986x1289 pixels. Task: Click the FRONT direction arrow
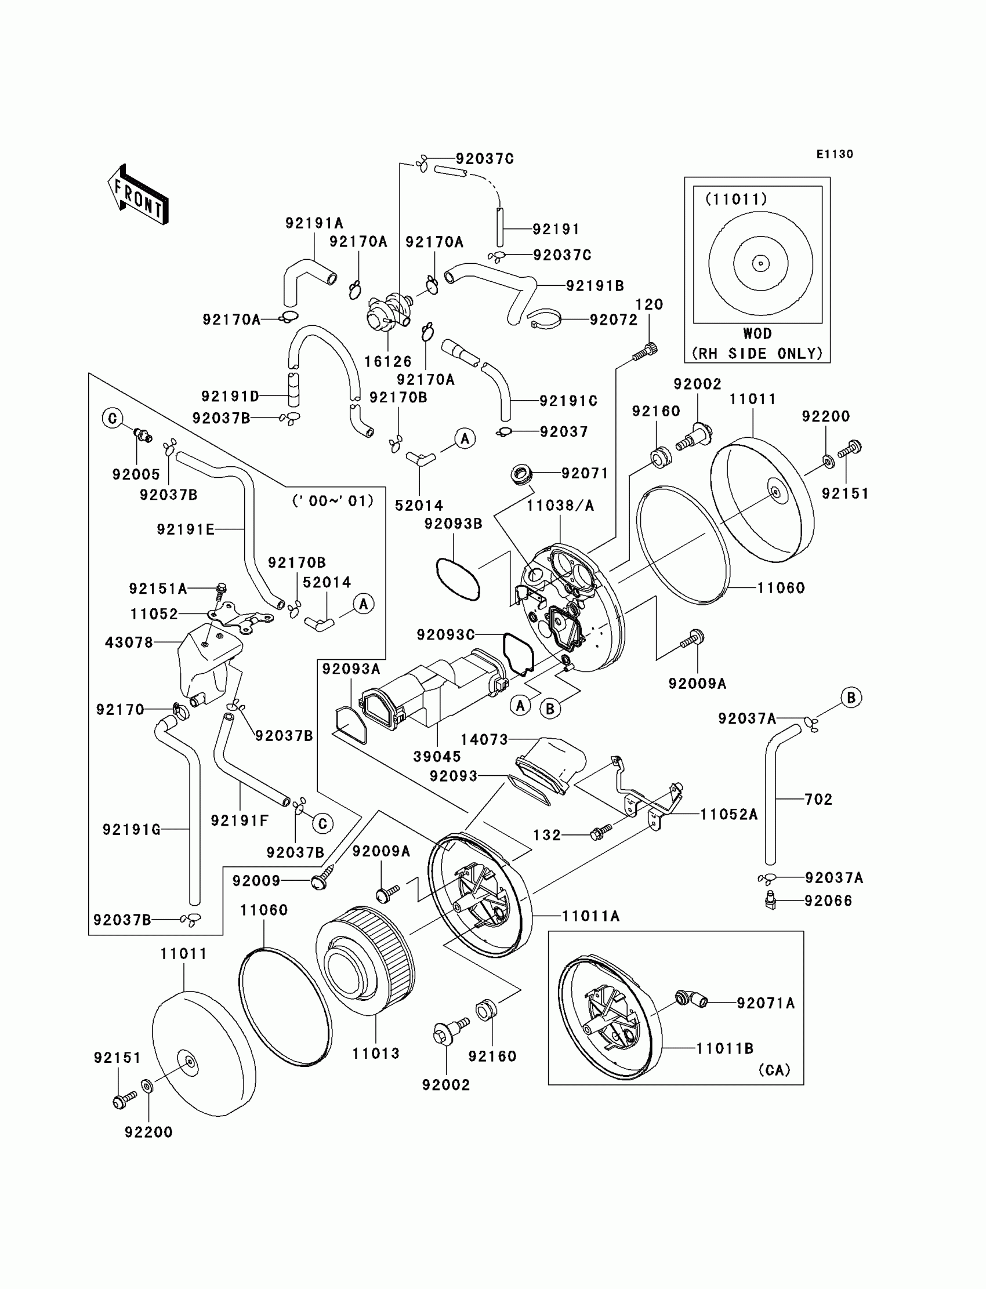pos(139,195)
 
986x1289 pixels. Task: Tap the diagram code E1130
pos(835,154)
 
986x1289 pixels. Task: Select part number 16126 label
pos(387,362)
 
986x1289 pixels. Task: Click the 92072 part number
pos(613,319)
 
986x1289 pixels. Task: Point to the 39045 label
pos(437,756)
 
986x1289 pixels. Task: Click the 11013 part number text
pos(376,1053)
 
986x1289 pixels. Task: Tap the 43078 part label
pos(129,642)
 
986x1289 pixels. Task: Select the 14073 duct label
pos(484,740)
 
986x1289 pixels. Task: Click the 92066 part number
pos(828,901)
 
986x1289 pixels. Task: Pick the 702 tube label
pos(818,799)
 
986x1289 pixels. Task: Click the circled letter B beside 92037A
pos(851,698)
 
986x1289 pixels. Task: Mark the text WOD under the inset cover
pos(757,334)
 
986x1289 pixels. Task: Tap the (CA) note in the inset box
pos(774,1070)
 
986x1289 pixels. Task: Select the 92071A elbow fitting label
pos(766,1003)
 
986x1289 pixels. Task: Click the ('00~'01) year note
pos(333,501)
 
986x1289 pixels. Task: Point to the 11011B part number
pos(724,1048)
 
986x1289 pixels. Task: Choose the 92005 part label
pos(136,474)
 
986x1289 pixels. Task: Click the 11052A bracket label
pos(728,814)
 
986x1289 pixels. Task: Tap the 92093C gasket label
pos(445,635)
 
